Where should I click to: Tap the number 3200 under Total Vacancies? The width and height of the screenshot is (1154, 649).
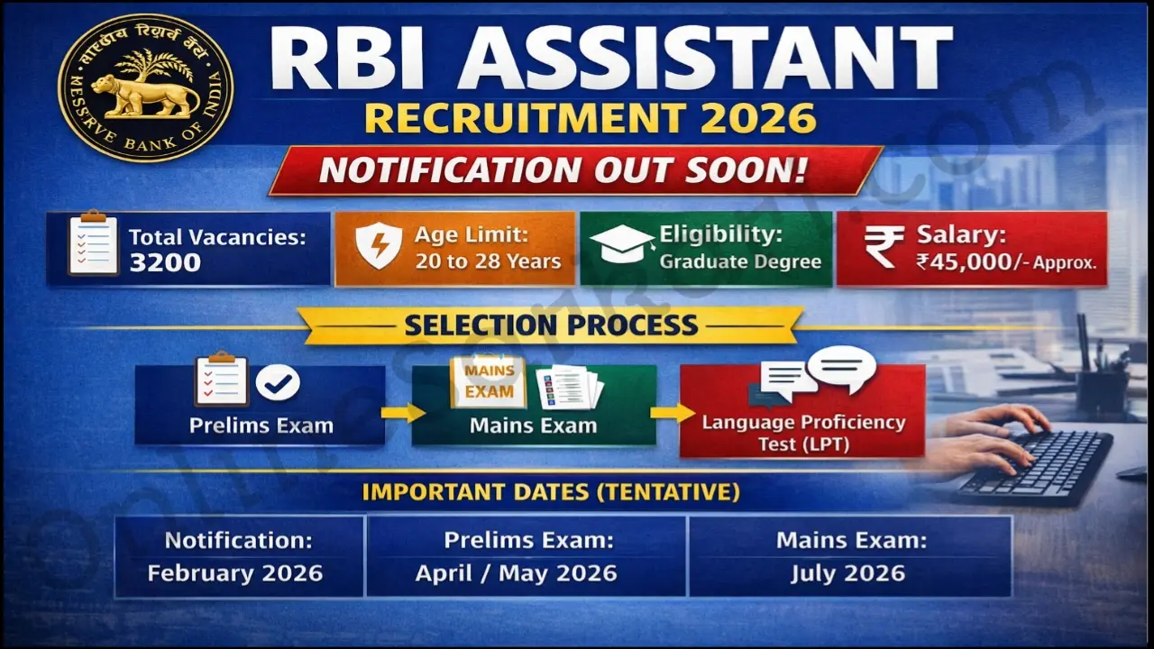pos(165,262)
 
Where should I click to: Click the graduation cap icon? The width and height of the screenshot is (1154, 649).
pos(621,244)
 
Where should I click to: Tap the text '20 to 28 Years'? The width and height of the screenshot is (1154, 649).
pos(488,262)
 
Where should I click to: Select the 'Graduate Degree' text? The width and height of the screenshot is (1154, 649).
pos(740,262)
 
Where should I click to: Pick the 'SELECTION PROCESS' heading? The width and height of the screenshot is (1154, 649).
pos(551,324)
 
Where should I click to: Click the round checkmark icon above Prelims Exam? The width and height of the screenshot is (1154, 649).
pos(278,383)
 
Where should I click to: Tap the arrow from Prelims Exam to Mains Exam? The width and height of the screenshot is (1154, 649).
pos(400,413)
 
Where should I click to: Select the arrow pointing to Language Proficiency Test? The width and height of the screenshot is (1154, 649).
pos(667,413)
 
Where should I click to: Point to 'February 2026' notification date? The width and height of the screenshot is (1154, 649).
pos(235,573)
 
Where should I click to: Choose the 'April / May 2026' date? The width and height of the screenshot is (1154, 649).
pos(517,573)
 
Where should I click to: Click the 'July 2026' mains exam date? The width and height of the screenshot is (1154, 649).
pos(848,573)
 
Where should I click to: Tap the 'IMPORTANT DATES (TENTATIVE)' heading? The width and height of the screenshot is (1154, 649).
pos(551,492)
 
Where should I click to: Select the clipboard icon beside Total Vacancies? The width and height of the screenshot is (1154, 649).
pos(94,242)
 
